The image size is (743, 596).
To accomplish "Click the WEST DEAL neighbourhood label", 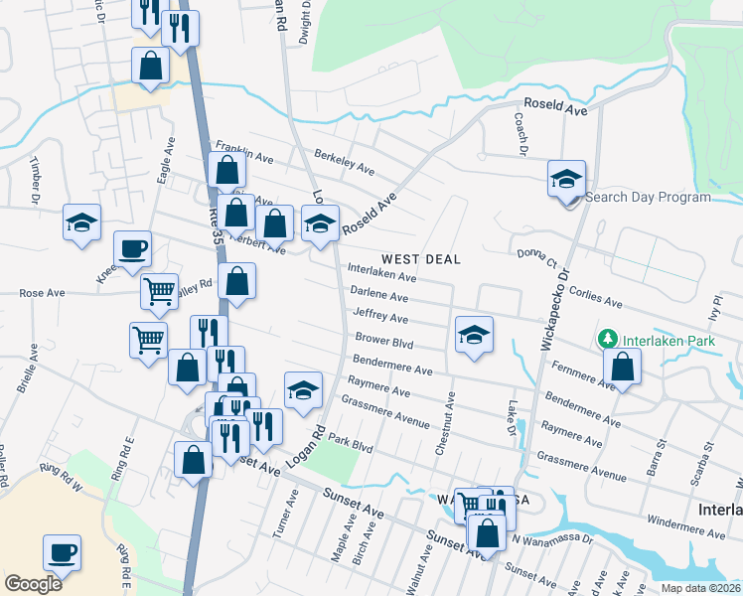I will coord(420,259).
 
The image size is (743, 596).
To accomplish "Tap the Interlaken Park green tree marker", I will coord(609,340).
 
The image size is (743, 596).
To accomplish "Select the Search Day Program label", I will coord(648,197).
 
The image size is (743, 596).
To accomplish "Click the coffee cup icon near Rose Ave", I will coord(132,248).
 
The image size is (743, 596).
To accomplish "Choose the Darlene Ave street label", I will coord(379,296).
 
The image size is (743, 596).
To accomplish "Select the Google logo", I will coord(33,584).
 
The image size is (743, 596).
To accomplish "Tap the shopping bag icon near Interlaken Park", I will coord(622,367).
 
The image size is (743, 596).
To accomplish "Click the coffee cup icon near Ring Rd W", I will coord(62,551).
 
